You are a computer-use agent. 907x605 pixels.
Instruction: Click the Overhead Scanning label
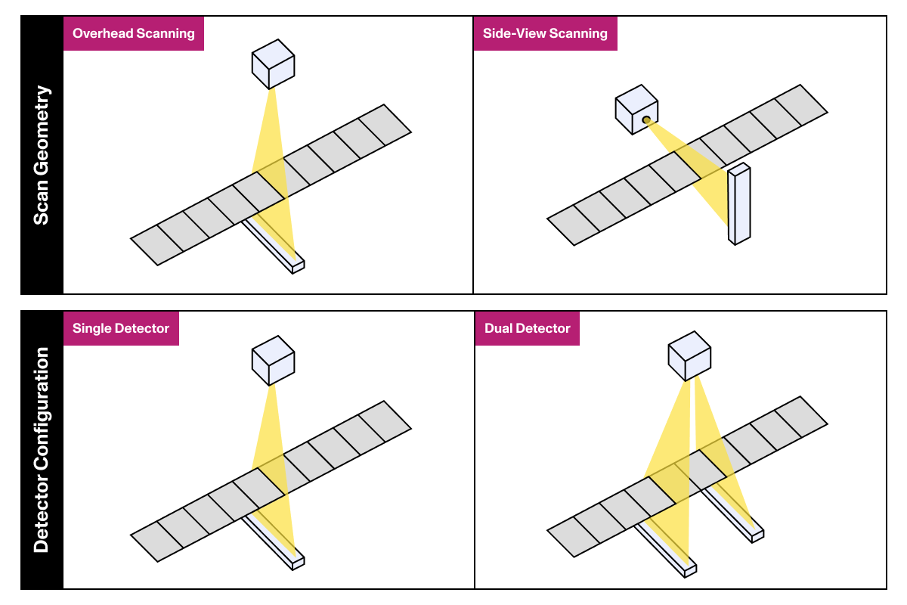point(134,33)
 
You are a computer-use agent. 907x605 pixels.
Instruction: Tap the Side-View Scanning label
point(545,33)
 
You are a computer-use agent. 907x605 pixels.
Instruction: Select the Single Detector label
point(121,328)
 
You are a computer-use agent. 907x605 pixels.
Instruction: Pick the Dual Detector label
point(528,328)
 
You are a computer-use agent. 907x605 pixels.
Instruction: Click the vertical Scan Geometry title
point(42,155)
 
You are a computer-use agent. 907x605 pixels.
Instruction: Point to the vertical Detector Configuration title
point(42,450)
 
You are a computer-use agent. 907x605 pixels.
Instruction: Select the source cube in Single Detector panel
point(272,361)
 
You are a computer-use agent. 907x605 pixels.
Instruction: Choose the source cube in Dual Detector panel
point(690,356)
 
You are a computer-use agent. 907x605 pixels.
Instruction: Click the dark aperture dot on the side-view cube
point(646,120)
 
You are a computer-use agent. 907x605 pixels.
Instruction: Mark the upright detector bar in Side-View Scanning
point(738,204)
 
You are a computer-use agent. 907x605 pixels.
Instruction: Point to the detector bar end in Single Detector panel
point(298,561)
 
